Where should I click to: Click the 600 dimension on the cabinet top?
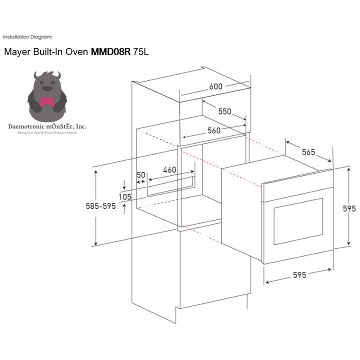coord(215,86)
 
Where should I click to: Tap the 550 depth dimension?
coord(224,111)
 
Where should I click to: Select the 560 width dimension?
coord(214,130)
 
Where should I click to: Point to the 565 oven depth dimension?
coord(308,152)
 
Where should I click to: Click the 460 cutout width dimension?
coord(169,169)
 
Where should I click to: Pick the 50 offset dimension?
coord(141,175)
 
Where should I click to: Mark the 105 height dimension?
coord(125,197)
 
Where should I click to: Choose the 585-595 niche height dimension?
coord(101,206)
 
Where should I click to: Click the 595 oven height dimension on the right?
coord(349,208)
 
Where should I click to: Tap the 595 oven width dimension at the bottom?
coord(299,275)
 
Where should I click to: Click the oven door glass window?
coord(298,221)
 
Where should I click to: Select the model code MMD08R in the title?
coord(110,51)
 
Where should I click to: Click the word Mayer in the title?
coord(17,52)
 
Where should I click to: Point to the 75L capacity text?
coord(140,51)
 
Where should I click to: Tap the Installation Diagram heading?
coord(27,36)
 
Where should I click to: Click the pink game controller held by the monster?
coord(47,102)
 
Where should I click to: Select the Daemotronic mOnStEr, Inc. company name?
coord(47,126)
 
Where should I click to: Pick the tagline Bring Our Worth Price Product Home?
coord(47,132)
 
